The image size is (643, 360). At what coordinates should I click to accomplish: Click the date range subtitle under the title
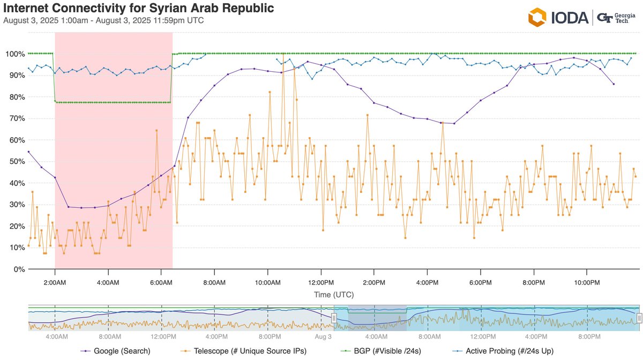103,21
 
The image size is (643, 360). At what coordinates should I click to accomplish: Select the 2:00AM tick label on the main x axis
55,282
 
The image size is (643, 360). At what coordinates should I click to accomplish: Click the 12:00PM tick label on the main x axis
320,282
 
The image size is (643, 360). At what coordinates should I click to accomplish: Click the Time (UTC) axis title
334,295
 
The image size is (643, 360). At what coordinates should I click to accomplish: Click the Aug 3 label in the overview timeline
323,336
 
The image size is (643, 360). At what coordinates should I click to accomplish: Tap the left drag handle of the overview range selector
333,318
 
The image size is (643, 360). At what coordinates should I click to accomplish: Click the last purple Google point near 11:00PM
614,84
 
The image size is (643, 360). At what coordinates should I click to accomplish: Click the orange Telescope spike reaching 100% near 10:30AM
283,54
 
